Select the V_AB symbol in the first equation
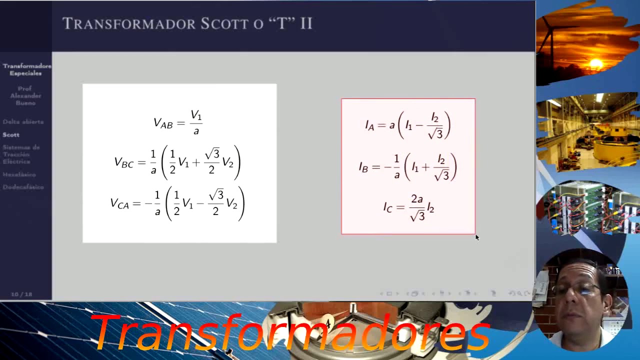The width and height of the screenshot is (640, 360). tap(163, 123)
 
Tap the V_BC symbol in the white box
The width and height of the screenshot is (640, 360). tap(123, 162)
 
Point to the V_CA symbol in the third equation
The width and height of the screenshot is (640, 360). tap(119, 203)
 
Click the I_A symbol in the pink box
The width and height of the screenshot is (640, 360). tap(369, 125)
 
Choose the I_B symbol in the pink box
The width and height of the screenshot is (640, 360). tap(363, 167)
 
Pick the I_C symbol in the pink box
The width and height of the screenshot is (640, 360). tap(388, 207)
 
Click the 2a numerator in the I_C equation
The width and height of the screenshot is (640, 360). tap(417, 199)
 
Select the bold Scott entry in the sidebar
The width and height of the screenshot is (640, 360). tap(11, 134)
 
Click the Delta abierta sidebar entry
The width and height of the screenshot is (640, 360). tap(23, 121)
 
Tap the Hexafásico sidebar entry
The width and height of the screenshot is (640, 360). tap(19, 174)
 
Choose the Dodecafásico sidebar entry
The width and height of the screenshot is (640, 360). tap(23, 187)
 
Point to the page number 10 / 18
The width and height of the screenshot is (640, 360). tap(21, 294)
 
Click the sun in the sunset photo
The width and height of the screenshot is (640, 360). tap(596, 63)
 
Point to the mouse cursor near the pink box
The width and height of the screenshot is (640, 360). tap(476, 237)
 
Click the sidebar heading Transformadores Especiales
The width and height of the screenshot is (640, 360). tap(26, 69)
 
